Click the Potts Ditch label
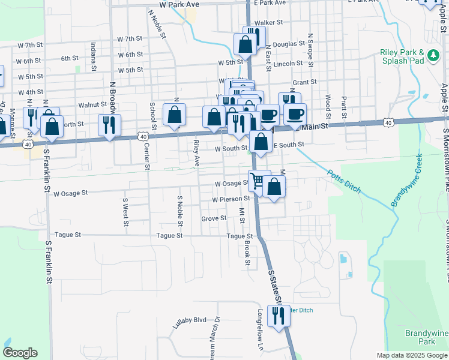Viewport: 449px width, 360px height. point(344,182)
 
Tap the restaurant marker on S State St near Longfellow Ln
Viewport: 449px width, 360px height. point(278,315)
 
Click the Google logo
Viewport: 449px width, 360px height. point(20,353)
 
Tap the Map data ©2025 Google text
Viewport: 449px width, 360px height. point(411,355)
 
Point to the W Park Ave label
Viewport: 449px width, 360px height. point(179,4)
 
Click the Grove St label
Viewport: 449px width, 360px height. point(214,219)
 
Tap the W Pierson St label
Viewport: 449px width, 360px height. point(231,199)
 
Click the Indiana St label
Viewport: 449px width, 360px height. point(94,56)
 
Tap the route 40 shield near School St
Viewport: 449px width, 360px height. point(143,136)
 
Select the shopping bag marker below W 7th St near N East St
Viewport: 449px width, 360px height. point(245,44)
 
